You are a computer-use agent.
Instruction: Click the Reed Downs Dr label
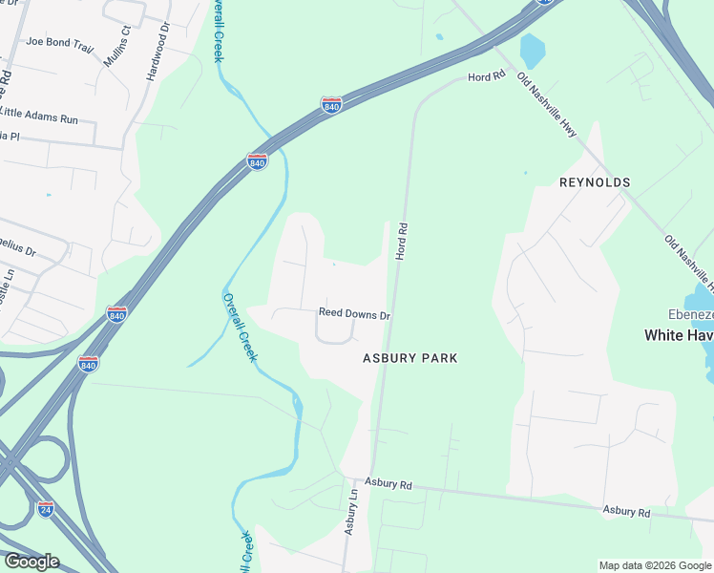tap(355, 313)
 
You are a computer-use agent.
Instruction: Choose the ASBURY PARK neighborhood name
tap(409, 358)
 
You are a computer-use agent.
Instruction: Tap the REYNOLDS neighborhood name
tap(595, 182)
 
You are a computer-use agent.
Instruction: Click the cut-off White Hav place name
tap(679, 335)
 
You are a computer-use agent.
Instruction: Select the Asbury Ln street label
tap(351, 512)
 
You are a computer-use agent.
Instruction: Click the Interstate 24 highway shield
tap(46, 509)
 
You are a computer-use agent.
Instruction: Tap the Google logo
tap(31, 562)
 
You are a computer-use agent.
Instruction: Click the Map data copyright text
tap(654, 565)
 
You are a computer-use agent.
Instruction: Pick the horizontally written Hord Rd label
tap(485, 77)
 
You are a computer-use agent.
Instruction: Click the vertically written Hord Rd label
tap(402, 242)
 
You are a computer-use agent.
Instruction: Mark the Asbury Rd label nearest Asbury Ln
tap(388, 485)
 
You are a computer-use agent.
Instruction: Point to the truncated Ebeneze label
tap(690, 316)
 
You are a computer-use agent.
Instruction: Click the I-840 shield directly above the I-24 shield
tap(88, 364)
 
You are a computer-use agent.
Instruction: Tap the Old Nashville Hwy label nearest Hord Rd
tap(547, 105)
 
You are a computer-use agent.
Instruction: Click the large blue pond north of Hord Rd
tap(531, 49)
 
